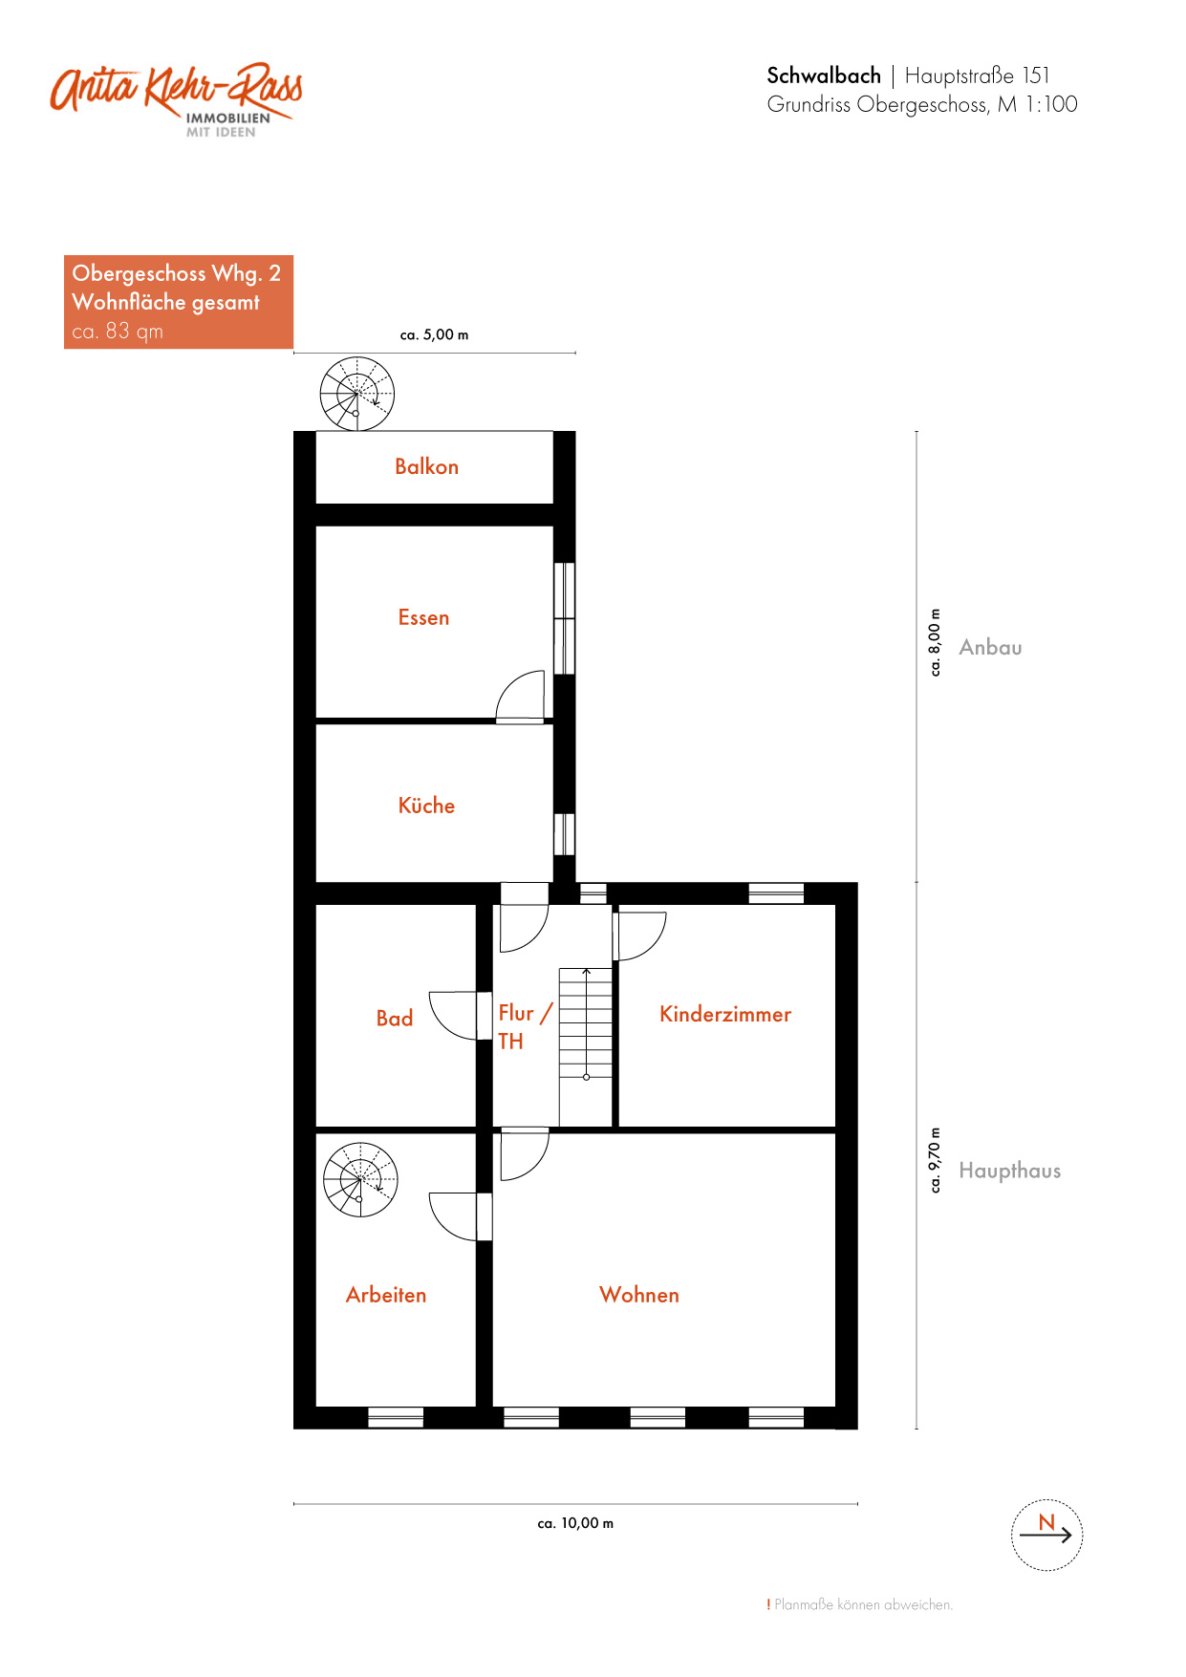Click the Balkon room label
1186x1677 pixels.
tap(426, 466)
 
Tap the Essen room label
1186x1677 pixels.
tap(423, 617)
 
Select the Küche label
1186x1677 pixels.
tap(426, 805)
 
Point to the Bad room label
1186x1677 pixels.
tap(394, 1018)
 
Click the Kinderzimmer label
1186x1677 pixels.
tap(725, 1014)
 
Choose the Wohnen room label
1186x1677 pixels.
tap(639, 1295)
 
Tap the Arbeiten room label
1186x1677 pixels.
tap(386, 1295)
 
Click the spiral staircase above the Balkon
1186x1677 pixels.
tap(356, 394)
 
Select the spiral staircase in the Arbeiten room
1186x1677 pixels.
tap(360, 1179)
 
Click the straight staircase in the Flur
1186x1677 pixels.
tap(586, 1023)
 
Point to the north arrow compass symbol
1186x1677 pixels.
tap(1046, 1535)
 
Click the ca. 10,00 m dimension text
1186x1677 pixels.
tap(575, 1523)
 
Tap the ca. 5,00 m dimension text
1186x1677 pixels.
tap(434, 334)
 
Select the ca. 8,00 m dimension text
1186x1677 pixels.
tap(935, 642)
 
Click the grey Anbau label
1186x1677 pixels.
tap(990, 647)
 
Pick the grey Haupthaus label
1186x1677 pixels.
tap(1009, 1171)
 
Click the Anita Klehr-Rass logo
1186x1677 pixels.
tap(177, 99)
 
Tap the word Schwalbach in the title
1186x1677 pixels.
tap(824, 75)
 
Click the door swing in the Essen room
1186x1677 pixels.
tap(521, 696)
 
